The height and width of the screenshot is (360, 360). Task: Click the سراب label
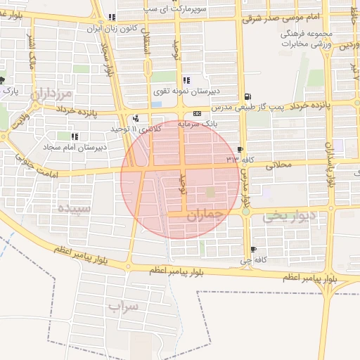126,307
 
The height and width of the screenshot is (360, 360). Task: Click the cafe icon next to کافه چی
253,249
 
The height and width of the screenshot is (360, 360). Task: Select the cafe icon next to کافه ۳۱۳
241,150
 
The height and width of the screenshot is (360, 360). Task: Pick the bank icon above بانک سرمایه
196,113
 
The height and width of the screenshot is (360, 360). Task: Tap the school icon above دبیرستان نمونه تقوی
186,80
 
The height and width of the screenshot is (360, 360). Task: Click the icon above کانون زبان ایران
112,18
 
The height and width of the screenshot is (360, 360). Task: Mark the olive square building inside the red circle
211,192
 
